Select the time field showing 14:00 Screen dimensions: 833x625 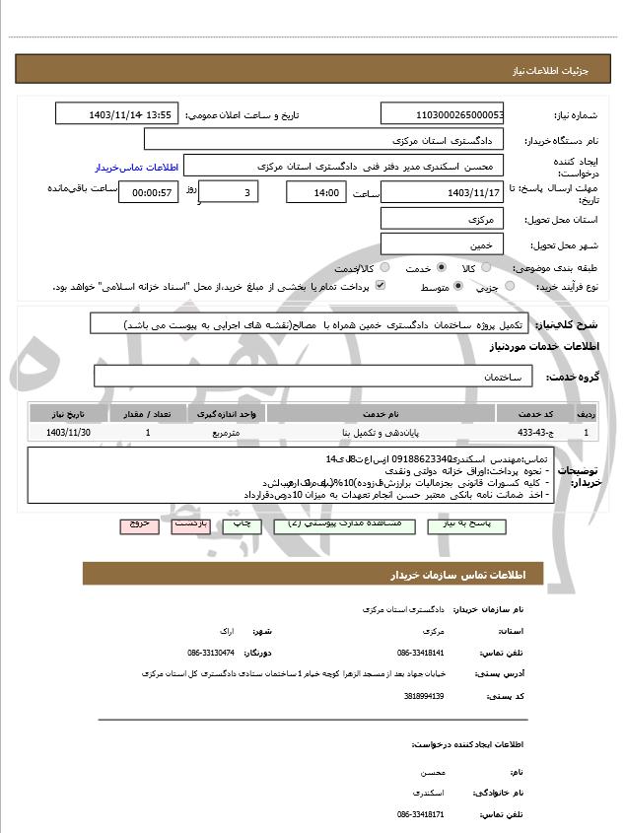pos(315,192)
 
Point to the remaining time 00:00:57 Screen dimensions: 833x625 pos(148,192)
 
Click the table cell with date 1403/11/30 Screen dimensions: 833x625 pos(68,432)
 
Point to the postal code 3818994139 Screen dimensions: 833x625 pos(425,696)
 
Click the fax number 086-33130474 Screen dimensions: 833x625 pos(211,653)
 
